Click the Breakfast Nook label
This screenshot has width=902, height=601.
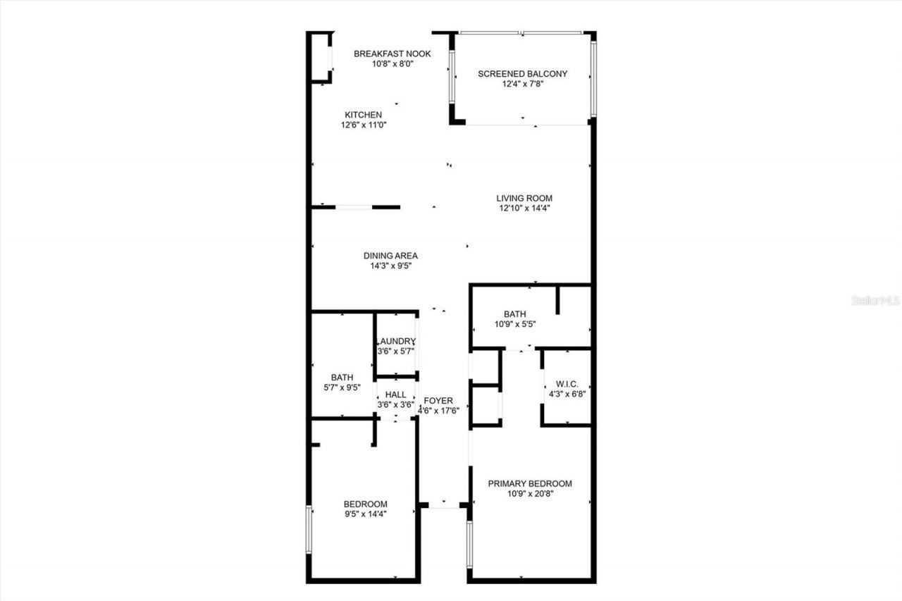click(392, 54)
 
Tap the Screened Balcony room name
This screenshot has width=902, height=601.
click(522, 73)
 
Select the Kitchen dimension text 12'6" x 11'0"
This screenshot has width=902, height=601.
click(363, 125)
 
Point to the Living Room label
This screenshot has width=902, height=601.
click(524, 198)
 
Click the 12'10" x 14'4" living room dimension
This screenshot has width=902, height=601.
click(524, 209)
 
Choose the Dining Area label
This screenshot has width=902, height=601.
click(390, 256)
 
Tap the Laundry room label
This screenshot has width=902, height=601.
click(396, 341)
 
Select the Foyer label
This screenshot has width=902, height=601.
click(438, 400)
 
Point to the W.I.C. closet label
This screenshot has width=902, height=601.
click(567, 384)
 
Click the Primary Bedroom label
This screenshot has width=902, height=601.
click(531, 483)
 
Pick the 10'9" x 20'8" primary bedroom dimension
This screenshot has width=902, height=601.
click(531, 494)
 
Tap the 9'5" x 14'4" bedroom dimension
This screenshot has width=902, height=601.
click(365, 514)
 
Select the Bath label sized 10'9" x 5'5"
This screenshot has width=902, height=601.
click(514, 314)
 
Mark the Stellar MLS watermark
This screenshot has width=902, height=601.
click(876, 300)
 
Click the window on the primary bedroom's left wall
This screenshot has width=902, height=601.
click(469, 544)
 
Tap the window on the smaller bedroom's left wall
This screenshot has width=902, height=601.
click(309, 528)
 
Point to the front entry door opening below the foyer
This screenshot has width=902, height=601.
click(444, 505)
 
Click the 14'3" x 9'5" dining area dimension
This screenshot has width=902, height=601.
click(390, 266)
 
